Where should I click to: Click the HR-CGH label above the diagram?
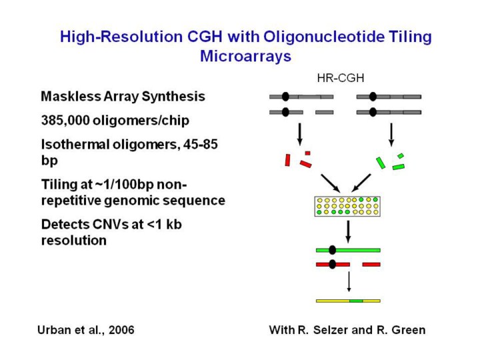[x=340, y=78]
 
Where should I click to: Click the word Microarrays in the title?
[x=245, y=56]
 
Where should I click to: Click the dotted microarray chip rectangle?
[x=346, y=206]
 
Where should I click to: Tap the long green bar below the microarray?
[x=347, y=250]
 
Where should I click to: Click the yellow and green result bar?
[x=347, y=301]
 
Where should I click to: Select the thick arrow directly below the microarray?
[x=347, y=231]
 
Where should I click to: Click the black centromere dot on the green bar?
[x=332, y=250]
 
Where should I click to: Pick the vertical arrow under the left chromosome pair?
[x=300, y=133]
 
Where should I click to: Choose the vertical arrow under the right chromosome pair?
[x=391, y=133]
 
